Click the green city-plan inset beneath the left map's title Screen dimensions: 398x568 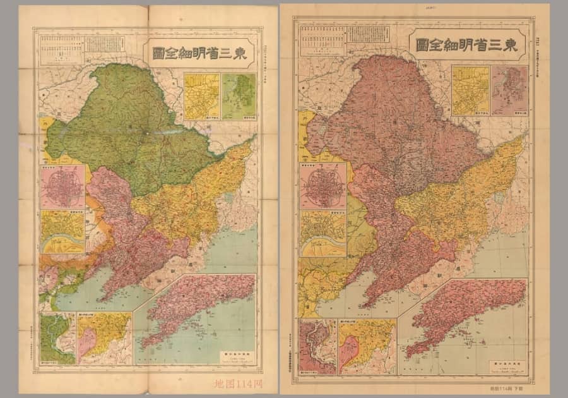coord(239,96)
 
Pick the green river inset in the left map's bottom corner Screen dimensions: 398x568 coord(57,338)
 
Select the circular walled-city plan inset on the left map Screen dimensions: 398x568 coord(62,187)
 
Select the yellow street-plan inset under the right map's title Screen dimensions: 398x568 coord(470,90)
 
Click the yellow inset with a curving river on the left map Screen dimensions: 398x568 coord(62,232)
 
